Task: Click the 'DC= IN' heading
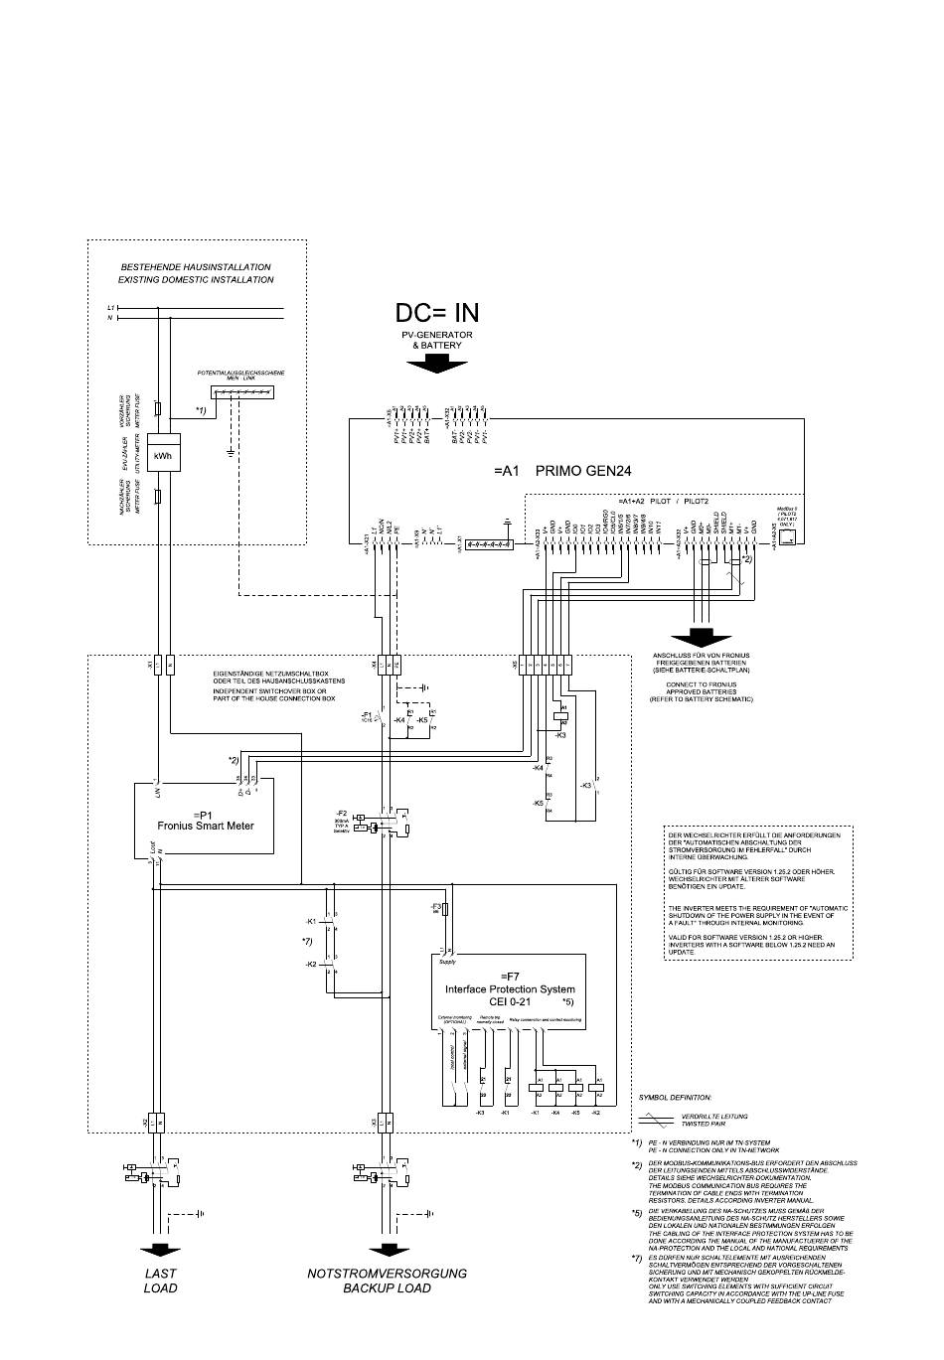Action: (x=436, y=313)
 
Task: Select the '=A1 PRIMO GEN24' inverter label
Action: (x=562, y=472)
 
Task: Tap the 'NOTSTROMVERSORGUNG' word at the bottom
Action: (x=387, y=1273)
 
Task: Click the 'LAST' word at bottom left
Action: (x=160, y=1273)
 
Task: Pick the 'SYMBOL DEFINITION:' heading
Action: (x=675, y=1098)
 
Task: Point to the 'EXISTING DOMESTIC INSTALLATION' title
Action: (x=196, y=280)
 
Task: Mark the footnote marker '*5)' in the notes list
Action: (x=635, y=1213)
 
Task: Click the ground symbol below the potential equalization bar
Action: (x=230, y=452)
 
